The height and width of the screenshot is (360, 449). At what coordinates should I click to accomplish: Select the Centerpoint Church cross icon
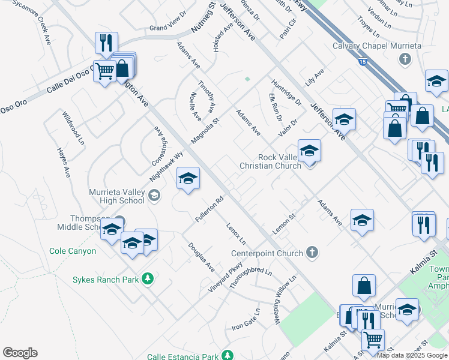[x=312, y=253]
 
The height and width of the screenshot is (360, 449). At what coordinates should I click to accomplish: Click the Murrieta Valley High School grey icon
[x=154, y=195]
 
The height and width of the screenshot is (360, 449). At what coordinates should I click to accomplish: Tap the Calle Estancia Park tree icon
[x=227, y=356]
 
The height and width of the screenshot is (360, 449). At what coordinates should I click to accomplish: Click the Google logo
[x=20, y=352]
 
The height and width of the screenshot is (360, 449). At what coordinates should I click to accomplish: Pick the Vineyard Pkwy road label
[x=228, y=276]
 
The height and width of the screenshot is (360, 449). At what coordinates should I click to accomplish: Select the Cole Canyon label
[x=73, y=251]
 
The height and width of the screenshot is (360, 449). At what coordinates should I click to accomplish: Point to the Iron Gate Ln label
[x=246, y=320]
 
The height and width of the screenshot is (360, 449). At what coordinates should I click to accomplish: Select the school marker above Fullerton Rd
[x=188, y=178]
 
